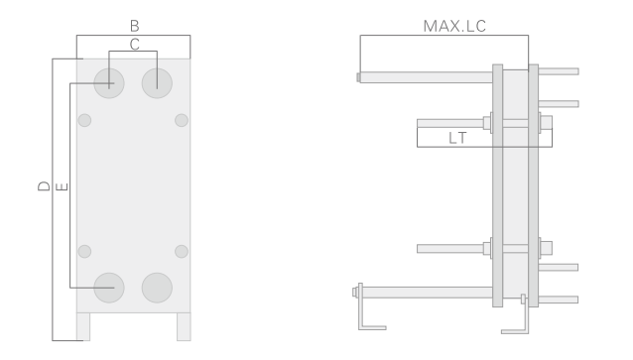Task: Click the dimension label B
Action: pyautogui.click(x=133, y=23)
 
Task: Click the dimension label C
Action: pyautogui.click(x=133, y=43)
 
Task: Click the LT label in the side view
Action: pyautogui.click(x=457, y=138)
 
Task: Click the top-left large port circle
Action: pyautogui.click(x=109, y=82)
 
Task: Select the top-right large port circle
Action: pyautogui.click(x=157, y=82)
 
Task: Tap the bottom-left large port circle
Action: pyautogui.click(x=109, y=287)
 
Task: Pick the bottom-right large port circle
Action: pyautogui.click(x=157, y=287)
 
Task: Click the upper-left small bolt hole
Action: pyautogui.click(x=84, y=121)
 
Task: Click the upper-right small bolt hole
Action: pyautogui.click(x=182, y=121)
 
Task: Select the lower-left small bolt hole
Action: pyautogui.click(x=84, y=250)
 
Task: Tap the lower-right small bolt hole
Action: pyautogui.click(x=182, y=250)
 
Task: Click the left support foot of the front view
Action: pyautogui.click(x=83, y=326)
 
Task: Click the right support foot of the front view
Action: pyautogui.click(x=184, y=326)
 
